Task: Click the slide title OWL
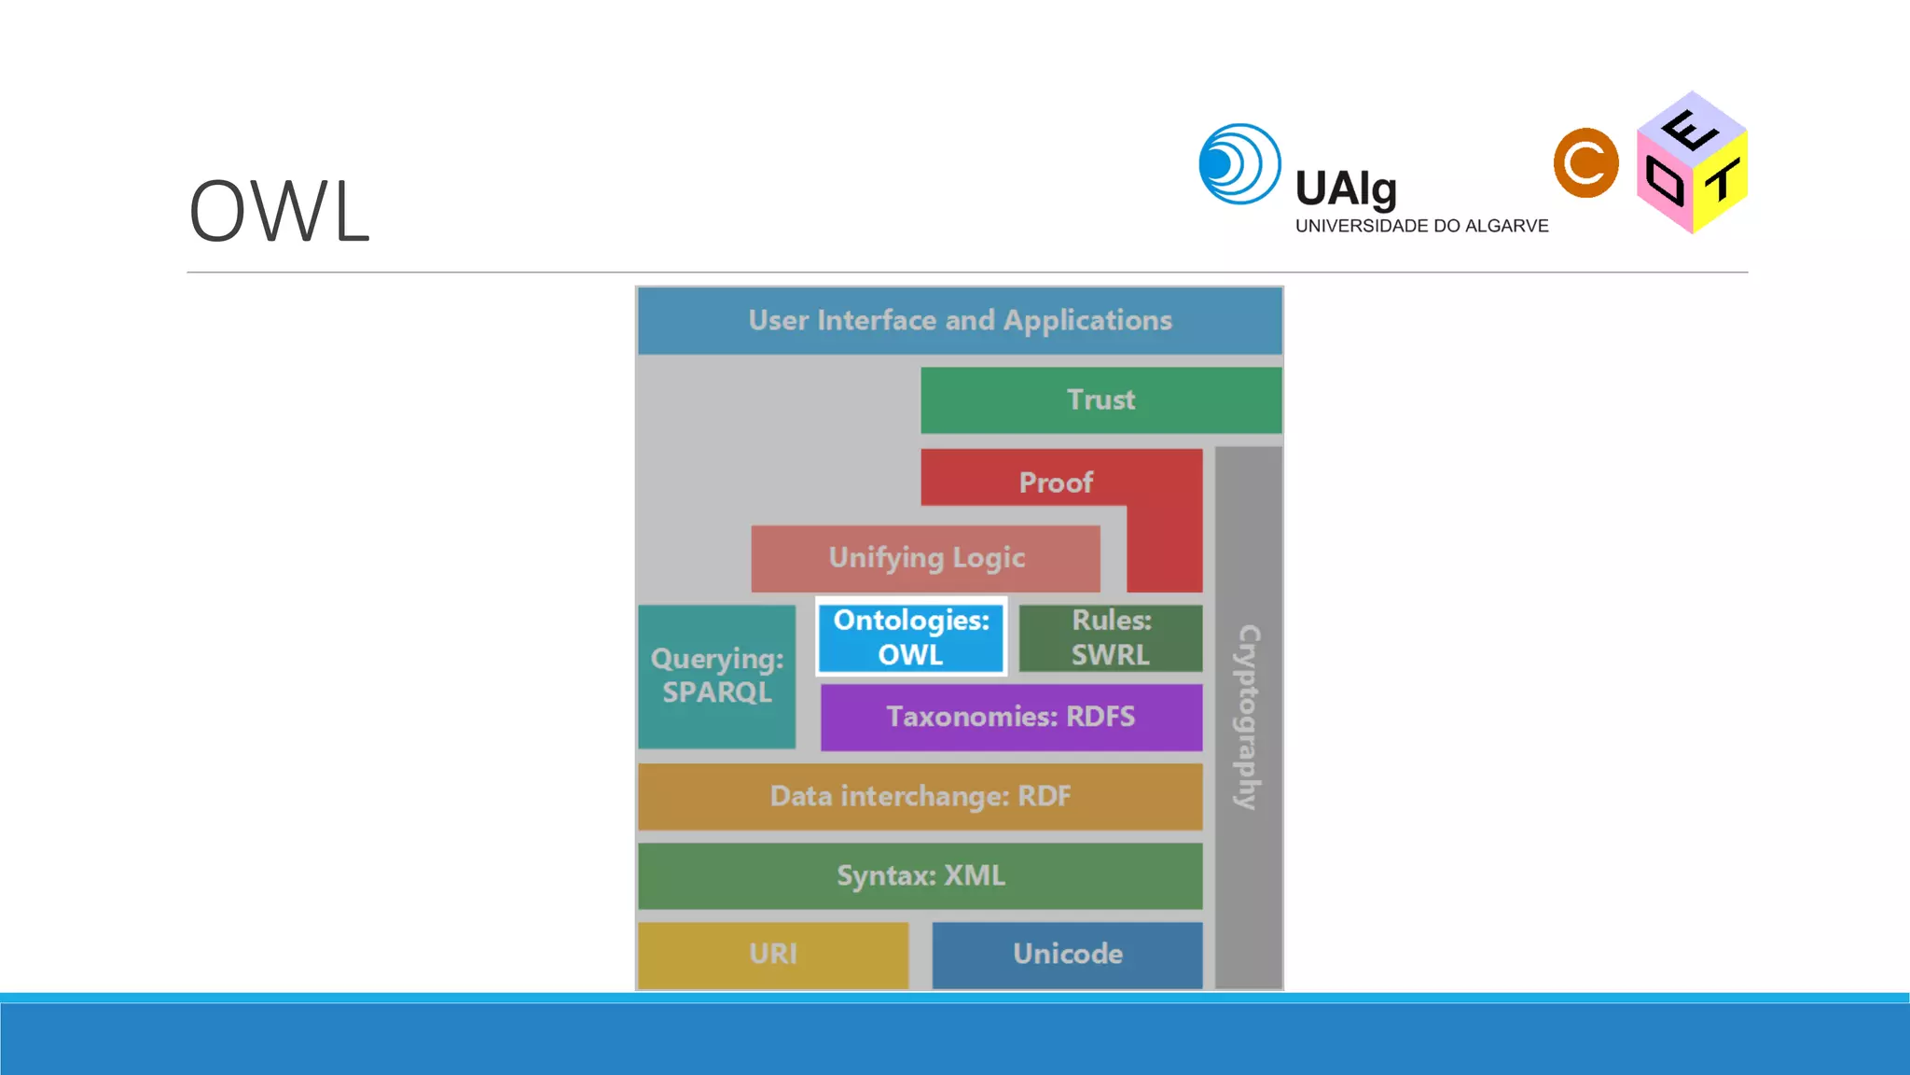click(x=279, y=212)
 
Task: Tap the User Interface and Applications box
click(x=960, y=321)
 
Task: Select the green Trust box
click(x=1100, y=400)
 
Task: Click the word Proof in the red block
click(x=1056, y=482)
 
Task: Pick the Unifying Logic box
click(x=926, y=558)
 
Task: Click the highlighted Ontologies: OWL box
click(x=911, y=637)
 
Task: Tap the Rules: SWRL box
click(x=1111, y=638)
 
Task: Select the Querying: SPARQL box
click(x=717, y=677)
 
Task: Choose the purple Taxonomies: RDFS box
click(x=1011, y=717)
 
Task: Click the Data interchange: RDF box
click(x=920, y=797)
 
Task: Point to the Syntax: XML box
click(x=920, y=876)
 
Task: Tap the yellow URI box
click(x=773, y=955)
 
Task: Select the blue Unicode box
click(x=1068, y=955)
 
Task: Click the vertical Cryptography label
click(x=1249, y=717)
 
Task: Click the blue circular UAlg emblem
click(x=1239, y=164)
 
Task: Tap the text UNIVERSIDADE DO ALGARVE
click(x=1421, y=226)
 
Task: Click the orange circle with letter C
click(x=1585, y=163)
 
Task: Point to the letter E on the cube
click(x=1690, y=129)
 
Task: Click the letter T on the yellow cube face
click(x=1723, y=180)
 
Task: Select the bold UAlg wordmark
click(x=1346, y=189)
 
